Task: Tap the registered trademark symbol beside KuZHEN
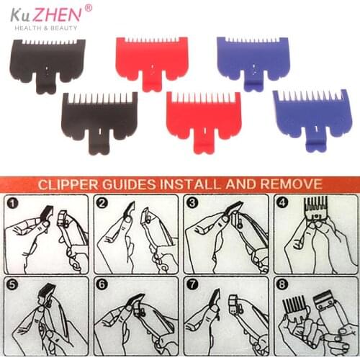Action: (88, 8)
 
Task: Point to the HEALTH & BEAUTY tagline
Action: (44, 28)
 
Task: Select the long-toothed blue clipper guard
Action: (305, 115)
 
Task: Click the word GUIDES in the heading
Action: (141, 184)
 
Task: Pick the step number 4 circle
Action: (282, 204)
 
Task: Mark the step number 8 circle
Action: (282, 284)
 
